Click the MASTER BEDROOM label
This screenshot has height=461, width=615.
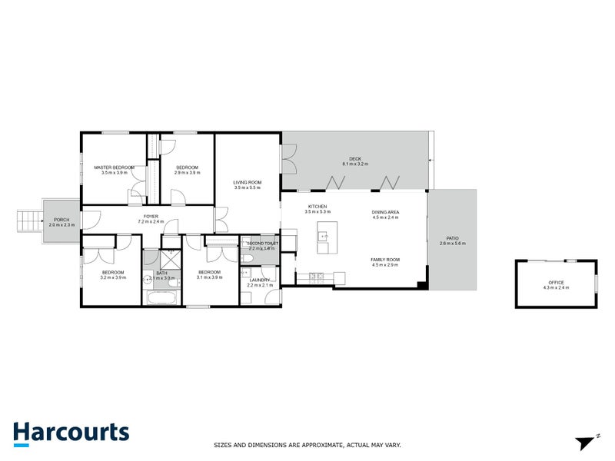tap(114, 167)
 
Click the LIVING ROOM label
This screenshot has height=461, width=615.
tap(248, 182)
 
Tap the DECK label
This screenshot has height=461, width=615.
tap(355, 160)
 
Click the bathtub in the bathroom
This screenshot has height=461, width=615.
tap(162, 297)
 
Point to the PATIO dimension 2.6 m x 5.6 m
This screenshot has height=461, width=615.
tap(453, 244)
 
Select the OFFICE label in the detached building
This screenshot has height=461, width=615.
tap(556, 282)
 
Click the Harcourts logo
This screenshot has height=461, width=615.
tap(71, 432)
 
